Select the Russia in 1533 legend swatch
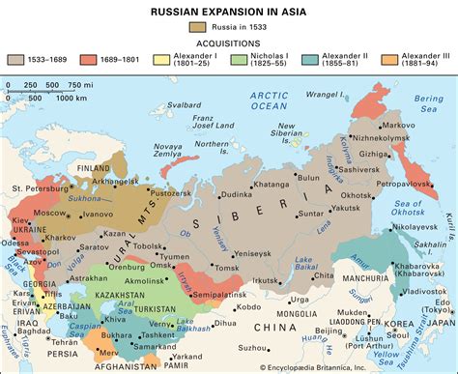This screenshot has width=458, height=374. (198, 28)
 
